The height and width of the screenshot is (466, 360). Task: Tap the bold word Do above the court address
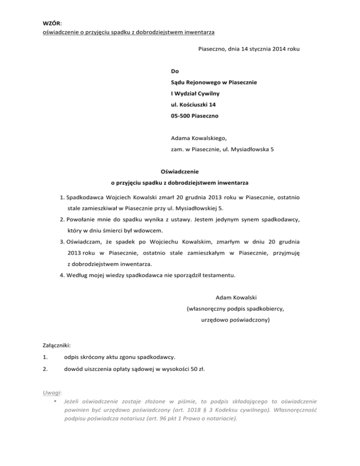coord(175,72)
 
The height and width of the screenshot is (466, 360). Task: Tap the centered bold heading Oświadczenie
coord(180,172)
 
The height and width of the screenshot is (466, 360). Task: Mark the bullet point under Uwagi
coord(55,401)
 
